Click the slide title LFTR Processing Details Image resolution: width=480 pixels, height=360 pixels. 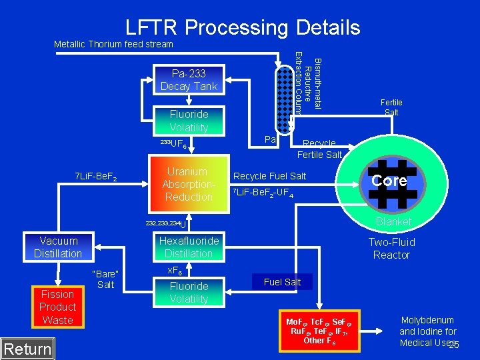pyautogui.click(x=243, y=27)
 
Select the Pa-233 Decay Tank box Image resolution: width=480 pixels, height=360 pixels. pyautogui.click(x=189, y=80)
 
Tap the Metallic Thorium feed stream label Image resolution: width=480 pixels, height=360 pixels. pyautogui.click(x=113, y=44)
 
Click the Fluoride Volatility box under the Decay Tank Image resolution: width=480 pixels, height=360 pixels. pyautogui.click(x=189, y=121)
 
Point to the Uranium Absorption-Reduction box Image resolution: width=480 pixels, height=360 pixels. pyautogui.click(x=189, y=185)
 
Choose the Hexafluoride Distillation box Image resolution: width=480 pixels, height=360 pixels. pyautogui.click(x=189, y=247)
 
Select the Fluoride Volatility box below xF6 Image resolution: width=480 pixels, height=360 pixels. pyautogui.click(x=189, y=293)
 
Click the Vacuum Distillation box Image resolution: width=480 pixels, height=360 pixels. pyautogui.click(x=58, y=247)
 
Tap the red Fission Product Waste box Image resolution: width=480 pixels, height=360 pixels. pyautogui.click(x=58, y=307)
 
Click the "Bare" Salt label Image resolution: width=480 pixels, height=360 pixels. pyautogui.click(x=105, y=279)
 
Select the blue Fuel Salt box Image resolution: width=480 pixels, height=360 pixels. pyautogui.click(x=282, y=282)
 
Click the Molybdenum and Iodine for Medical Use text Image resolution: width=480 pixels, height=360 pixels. pyautogui.click(x=427, y=331)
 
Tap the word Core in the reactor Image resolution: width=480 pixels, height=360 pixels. pyautogui.click(x=389, y=181)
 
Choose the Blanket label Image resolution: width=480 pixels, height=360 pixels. pyautogui.click(x=393, y=221)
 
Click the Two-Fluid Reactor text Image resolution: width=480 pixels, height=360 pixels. pyautogui.click(x=392, y=249)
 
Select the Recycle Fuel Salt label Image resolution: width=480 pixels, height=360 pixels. pyautogui.click(x=269, y=176)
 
